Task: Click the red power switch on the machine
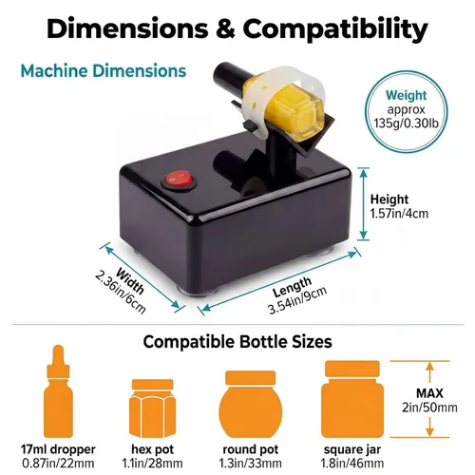point(179,181)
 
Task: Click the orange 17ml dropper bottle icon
point(58,391)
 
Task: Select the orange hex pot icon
point(152,408)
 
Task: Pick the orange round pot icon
point(251,405)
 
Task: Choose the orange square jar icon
point(352,399)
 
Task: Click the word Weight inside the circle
point(406,95)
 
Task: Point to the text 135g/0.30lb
point(406,123)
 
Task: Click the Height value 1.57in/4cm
point(399,214)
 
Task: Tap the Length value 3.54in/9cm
point(297,300)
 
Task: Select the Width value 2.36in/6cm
point(121,293)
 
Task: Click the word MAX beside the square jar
point(429,393)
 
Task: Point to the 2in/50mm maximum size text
point(429,408)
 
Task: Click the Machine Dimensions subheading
point(104,70)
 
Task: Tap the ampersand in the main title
point(225,29)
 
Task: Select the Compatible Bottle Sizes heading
point(237,342)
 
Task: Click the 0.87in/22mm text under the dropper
point(58,464)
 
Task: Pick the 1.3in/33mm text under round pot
point(251,464)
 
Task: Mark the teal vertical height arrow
point(364,203)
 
